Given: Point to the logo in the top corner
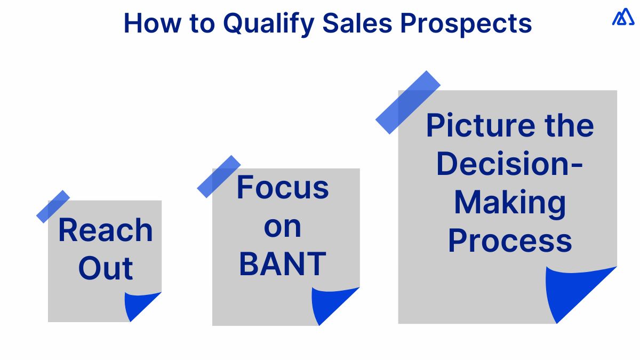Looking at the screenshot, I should (x=623, y=18).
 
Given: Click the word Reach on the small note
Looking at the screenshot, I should (x=106, y=230).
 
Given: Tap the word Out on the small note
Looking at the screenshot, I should (x=106, y=268).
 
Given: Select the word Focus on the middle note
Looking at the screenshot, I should (x=283, y=187).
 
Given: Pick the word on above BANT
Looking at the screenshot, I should (x=283, y=228).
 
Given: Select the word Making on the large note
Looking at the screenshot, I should (x=509, y=203).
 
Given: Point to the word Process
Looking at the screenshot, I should (x=509, y=241).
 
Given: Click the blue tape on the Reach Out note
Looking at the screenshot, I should (x=53, y=206).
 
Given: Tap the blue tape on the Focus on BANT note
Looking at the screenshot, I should (x=219, y=177).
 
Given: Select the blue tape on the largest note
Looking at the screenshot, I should (x=408, y=102).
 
